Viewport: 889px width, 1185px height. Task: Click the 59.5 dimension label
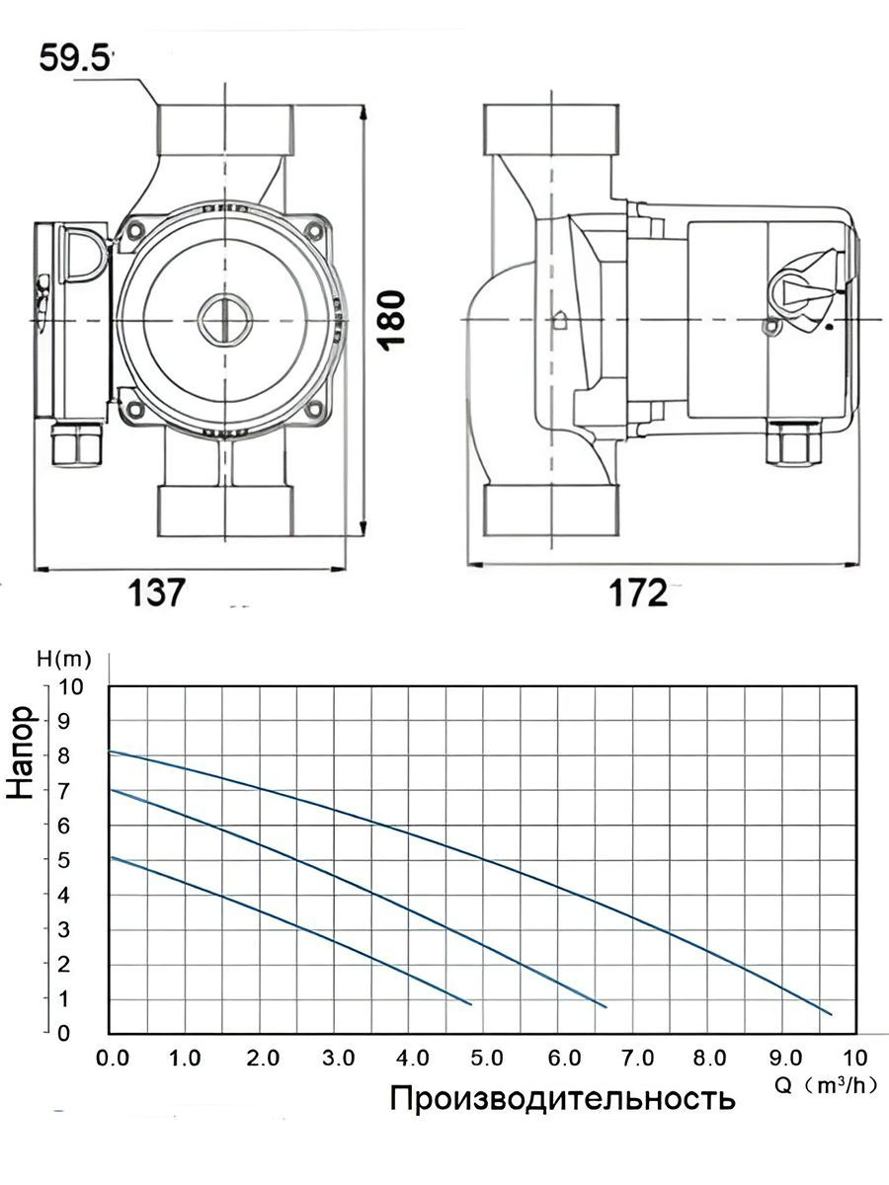(73, 58)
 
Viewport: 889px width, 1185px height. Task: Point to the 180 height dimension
(393, 318)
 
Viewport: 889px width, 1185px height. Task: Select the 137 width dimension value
(156, 593)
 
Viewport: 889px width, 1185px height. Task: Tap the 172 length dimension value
(638, 593)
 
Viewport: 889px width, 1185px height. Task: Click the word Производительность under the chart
(562, 1098)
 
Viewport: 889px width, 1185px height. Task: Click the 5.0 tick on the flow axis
(486, 1060)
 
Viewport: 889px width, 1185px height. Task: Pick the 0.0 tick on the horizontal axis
(116, 1060)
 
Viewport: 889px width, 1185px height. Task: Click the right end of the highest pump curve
(831, 1014)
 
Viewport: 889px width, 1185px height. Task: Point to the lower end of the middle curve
(605, 1006)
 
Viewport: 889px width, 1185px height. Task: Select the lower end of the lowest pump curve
(471, 1004)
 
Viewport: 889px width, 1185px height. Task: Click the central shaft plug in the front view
(225, 320)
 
